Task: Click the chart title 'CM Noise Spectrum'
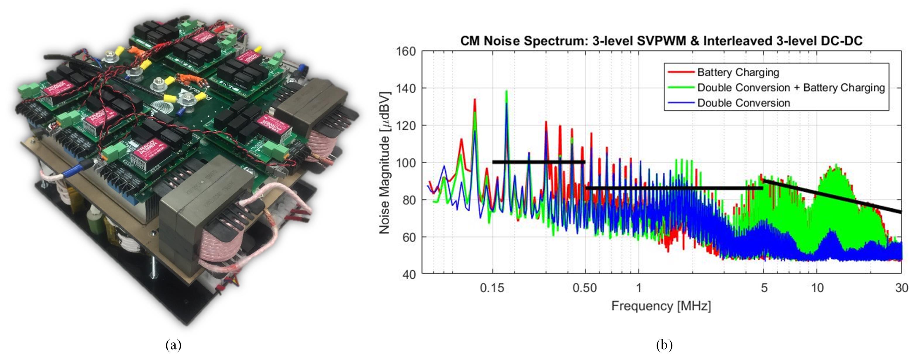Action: point(661,41)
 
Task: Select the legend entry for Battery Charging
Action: point(738,72)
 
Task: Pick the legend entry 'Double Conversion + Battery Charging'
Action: point(791,88)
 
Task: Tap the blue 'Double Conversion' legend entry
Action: point(743,103)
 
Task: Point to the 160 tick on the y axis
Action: point(406,52)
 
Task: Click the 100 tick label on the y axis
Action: point(406,163)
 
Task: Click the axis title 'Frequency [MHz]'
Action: point(661,306)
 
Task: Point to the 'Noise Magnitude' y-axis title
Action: point(385,163)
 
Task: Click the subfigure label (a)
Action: point(174,345)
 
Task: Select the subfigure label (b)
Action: point(664,345)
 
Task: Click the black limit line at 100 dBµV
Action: point(538,162)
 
